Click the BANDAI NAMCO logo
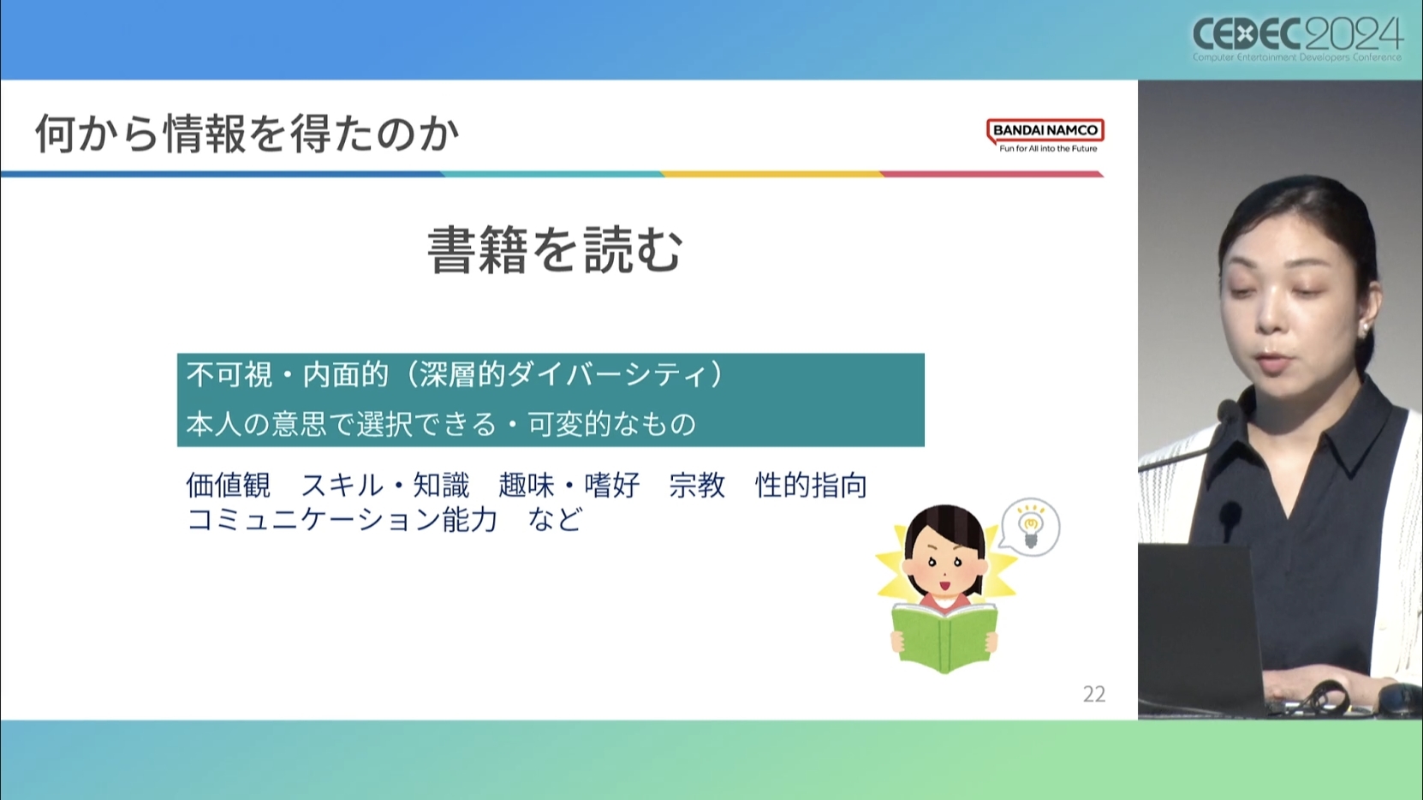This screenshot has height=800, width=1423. (1045, 135)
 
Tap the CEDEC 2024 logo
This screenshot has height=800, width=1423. (1297, 39)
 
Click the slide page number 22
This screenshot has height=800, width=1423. (1094, 694)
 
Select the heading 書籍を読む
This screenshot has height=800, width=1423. (555, 250)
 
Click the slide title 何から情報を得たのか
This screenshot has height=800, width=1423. (247, 134)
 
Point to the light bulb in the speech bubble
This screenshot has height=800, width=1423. (1030, 525)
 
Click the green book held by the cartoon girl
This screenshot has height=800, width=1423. (944, 637)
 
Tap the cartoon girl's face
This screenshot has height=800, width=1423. (944, 565)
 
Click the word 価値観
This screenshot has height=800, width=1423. (228, 486)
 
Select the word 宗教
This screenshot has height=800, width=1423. (697, 486)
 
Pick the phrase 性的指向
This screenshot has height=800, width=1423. (811, 486)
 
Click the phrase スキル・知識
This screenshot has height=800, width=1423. (385, 486)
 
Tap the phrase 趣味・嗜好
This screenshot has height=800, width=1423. (569, 486)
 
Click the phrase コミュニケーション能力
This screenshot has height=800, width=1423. (342, 520)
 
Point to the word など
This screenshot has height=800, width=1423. (555, 520)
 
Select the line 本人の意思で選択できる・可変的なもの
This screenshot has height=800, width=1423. (442, 424)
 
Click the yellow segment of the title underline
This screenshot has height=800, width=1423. (771, 174)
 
